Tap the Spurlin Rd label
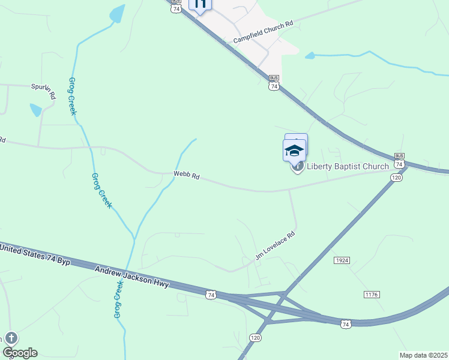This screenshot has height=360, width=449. point(43,91)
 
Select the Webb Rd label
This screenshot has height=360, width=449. point(186,176)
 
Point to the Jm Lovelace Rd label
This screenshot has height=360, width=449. point(276,245)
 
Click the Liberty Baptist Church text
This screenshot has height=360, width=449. point(348,166)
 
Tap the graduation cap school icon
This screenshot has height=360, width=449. point(294,151)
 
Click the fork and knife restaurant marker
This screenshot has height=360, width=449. point(200,4)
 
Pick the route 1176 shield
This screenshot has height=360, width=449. point(372,294)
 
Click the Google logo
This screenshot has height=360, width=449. point(20,353)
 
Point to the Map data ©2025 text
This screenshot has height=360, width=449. point(423,355)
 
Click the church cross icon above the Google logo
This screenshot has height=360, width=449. point(10,338)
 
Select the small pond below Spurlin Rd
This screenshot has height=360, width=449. point(35,110)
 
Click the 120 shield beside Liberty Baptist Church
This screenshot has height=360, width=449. point(396,178)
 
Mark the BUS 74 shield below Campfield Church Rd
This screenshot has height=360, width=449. point(274,83)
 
